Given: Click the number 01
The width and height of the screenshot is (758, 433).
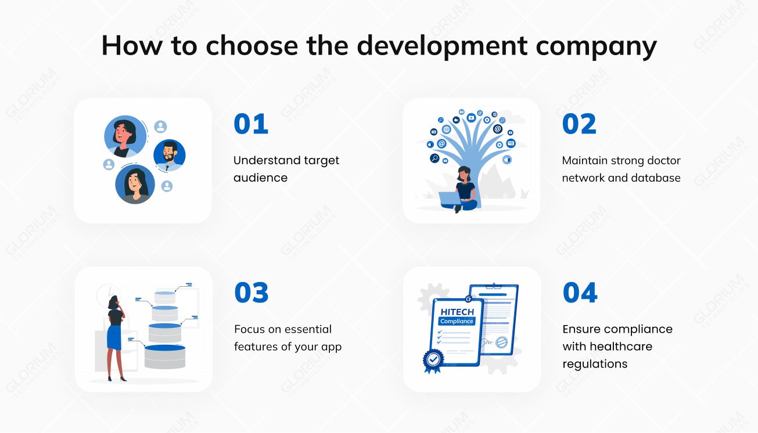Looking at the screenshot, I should click(x=251, y=124).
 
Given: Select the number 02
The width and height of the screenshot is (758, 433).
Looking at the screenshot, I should click(x=579, y=124).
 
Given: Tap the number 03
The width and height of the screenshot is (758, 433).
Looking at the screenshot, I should click(x=252, y=293).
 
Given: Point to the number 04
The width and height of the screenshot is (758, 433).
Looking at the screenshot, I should click(x=580, y=293).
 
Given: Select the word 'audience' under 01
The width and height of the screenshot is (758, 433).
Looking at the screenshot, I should click(x=260, y=178).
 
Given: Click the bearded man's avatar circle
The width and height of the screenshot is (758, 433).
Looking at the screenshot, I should click(x=169, y=155).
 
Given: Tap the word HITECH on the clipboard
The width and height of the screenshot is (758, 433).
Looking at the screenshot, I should click(x=457, y=312).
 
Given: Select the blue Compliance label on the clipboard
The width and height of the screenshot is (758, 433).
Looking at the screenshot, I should click(x=457, y=322).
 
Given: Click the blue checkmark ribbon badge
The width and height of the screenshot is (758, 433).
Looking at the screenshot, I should click(x=433, y=360).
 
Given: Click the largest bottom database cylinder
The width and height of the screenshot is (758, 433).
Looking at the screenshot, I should click(x=164, y=356).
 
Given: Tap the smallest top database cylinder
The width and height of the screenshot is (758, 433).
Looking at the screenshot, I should click(x=164, y=297).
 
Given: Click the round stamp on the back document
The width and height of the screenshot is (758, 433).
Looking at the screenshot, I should click(x=501, y=342).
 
